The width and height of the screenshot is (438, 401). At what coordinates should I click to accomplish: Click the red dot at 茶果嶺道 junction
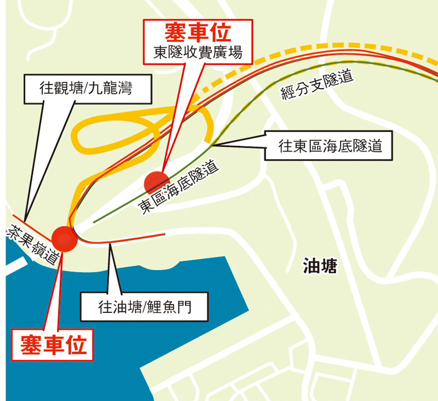coord(64,238)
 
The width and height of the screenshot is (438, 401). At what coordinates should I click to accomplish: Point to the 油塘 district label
coord(320,267)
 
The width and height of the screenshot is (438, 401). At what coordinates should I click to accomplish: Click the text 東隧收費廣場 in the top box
coord(199,55)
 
